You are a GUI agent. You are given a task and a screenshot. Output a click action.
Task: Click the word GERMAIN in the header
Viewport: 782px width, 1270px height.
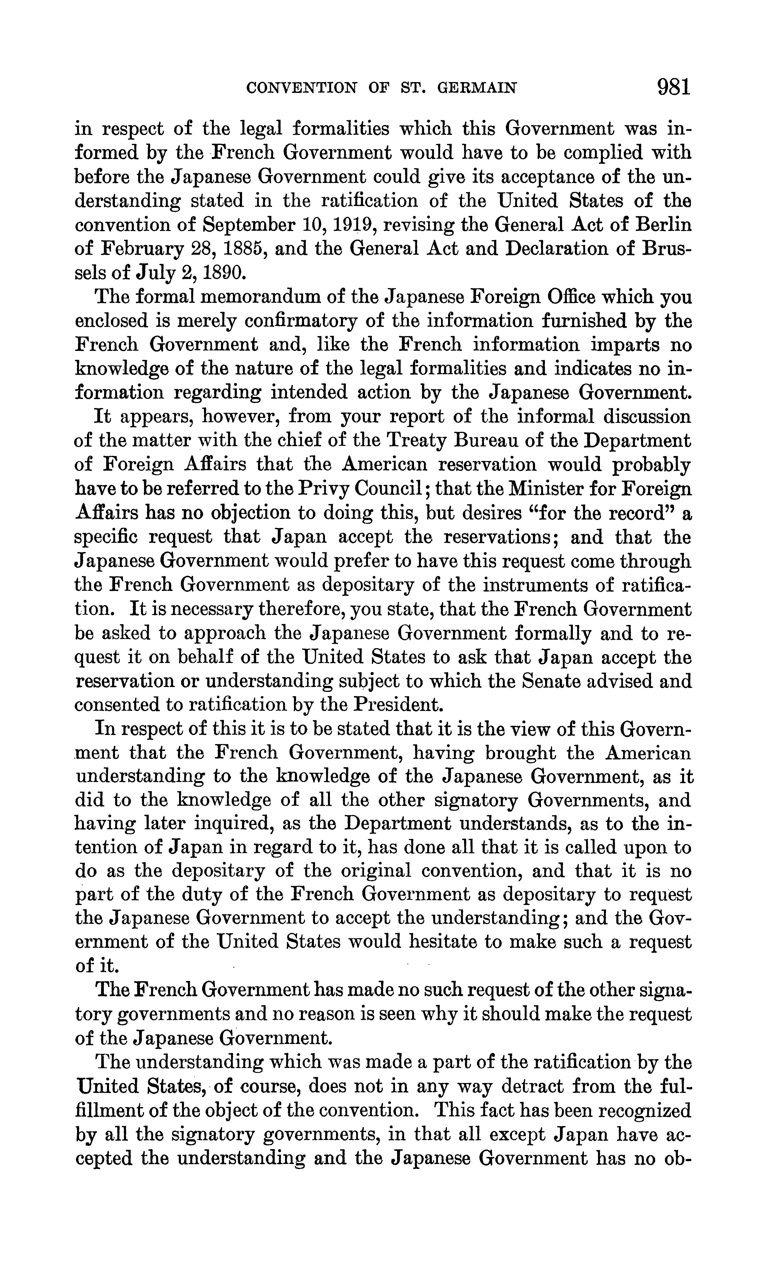tap(477, 88)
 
